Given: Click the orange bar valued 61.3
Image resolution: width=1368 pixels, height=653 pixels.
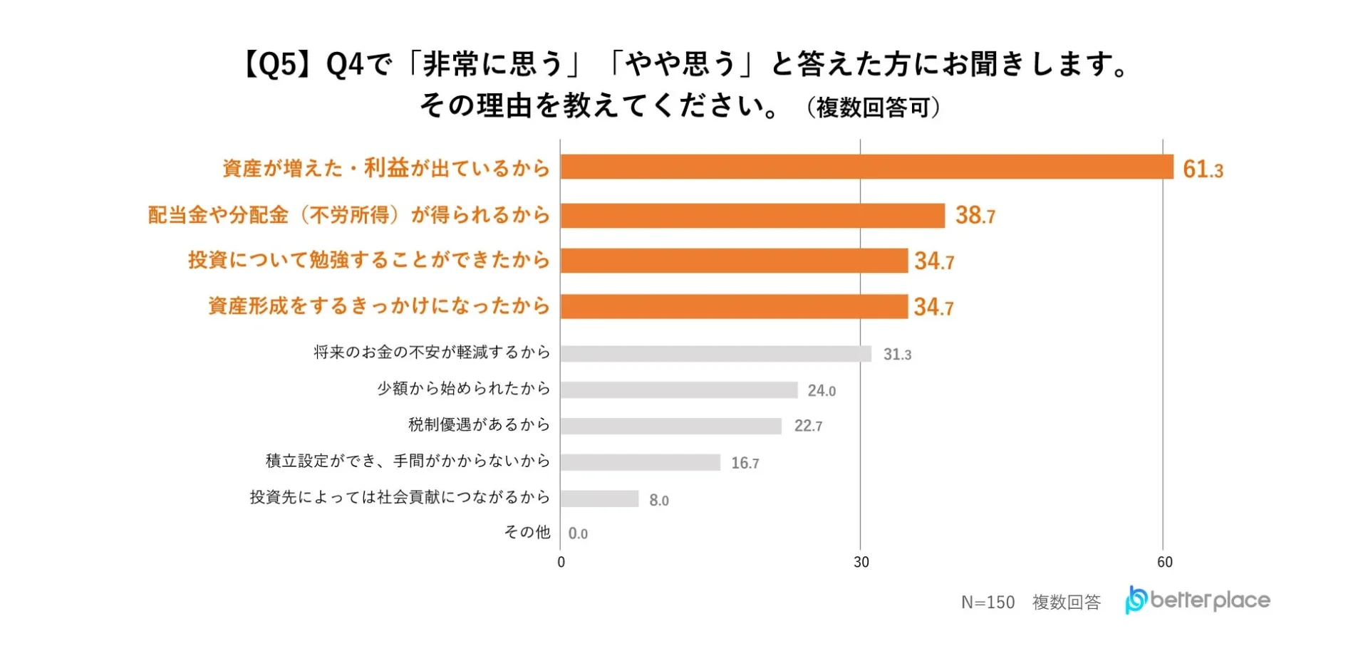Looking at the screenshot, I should (x=866, y=167).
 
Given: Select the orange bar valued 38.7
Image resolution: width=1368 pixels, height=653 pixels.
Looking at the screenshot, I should (x=752, y=215).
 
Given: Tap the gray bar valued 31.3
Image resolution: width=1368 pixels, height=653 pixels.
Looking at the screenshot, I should (x=715, y=354).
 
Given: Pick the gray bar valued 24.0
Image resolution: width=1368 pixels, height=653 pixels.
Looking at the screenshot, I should (x=678, y=390).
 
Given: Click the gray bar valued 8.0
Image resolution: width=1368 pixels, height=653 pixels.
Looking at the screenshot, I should (x=599, y=498).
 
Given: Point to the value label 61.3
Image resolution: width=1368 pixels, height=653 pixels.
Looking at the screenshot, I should (x=1202, y=169).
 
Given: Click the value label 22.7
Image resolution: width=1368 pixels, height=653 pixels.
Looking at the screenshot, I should (x=808, y=426).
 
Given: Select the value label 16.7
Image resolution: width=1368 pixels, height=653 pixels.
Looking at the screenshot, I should (x=745, y=463).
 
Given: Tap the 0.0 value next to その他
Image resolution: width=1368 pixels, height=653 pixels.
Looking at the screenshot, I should (x=578, y=533).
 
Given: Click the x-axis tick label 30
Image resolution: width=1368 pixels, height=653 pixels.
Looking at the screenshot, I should (x=861, y=562).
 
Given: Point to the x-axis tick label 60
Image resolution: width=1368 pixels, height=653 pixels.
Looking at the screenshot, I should (x=1164, y=562).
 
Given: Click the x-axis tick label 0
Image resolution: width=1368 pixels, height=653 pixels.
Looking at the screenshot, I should (x=561, y=562).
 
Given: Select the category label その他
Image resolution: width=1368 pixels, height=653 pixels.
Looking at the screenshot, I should (x=527, y=532).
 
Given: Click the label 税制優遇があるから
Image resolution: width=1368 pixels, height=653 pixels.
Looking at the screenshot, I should (x=479, y=424).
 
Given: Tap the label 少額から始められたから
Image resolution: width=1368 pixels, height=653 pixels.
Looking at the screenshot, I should (x=463, y=388).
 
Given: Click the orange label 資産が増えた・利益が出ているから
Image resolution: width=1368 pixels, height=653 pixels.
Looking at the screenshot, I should (x=386, y=168).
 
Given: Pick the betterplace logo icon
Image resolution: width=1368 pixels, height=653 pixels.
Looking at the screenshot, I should (x=1136, y=600).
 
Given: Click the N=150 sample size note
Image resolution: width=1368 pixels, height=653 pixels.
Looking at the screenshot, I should (x=988, y=602).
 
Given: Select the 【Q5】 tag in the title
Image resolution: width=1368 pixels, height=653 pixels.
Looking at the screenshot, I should (x=278, y=65).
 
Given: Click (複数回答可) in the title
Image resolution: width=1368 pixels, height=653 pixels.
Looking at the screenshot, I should (x=874, y=108).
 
